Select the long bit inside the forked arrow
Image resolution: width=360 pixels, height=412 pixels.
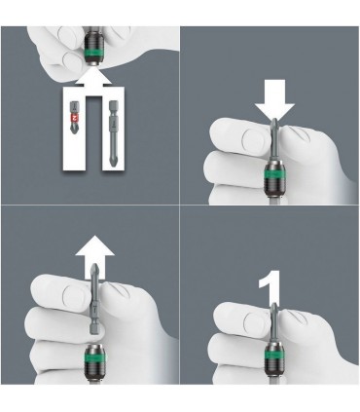click(x=114, y=136)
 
